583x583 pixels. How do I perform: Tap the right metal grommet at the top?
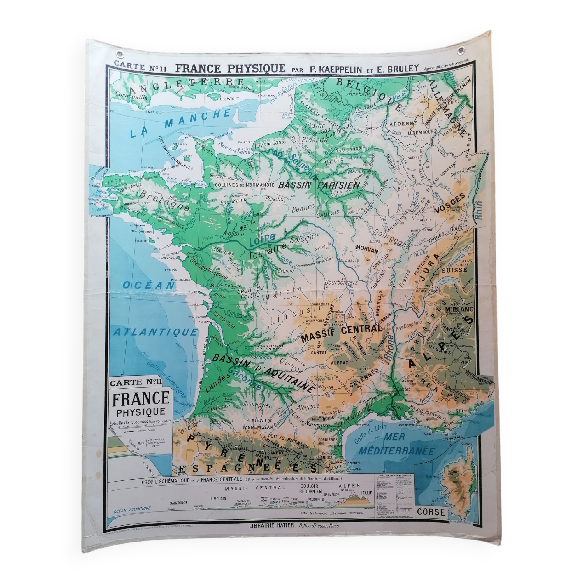tap(461, 51)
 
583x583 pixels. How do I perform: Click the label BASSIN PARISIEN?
tap(319, 185)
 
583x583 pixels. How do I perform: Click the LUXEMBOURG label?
tap(422, 132)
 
